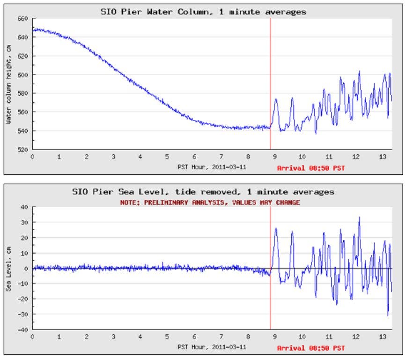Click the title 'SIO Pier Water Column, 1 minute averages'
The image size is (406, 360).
click(x=204, y=12)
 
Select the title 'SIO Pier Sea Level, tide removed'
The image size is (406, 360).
click(x=204, y=192)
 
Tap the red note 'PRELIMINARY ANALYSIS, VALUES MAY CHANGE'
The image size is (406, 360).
click(x=204, y=202)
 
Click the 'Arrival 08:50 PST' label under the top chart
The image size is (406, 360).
click(x=310, y=167)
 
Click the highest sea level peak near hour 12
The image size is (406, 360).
click(x=359, y=217)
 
